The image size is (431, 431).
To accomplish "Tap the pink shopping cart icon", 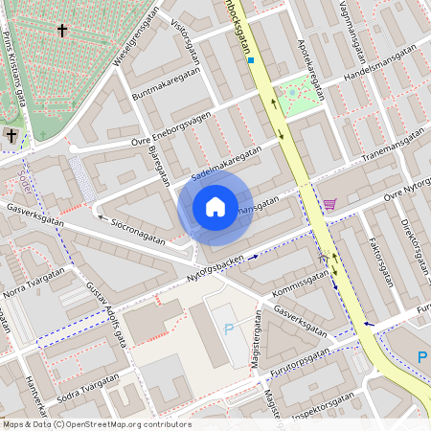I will tap(329, 204).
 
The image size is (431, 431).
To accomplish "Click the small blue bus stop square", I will tap(251, 59).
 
